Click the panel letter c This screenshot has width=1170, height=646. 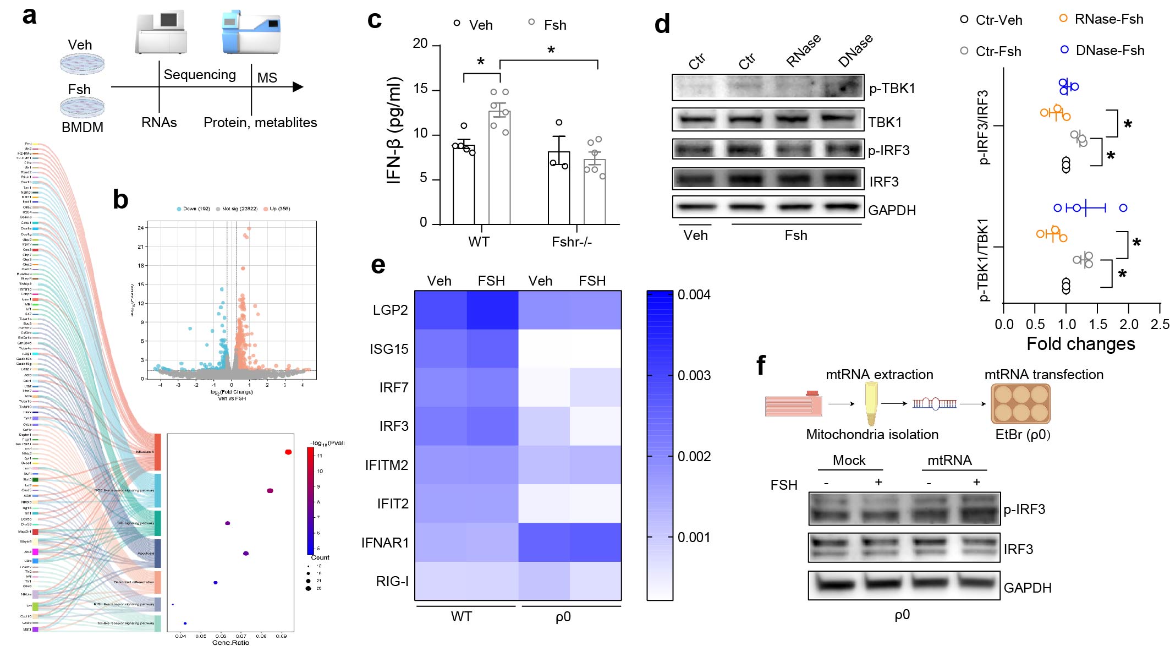pos(375,20)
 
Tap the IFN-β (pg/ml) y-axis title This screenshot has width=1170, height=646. pos(394,130)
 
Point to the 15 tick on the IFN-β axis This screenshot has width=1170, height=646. pos(420,89)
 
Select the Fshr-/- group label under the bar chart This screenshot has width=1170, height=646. pos(572,242)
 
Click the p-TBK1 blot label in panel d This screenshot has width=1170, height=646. pos(892,89)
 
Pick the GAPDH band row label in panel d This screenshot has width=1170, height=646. pos(892,210)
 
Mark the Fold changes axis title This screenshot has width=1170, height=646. pos(1080,344)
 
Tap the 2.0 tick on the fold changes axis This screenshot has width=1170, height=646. pos(1129,325)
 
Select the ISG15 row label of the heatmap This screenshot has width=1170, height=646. pos(389,349)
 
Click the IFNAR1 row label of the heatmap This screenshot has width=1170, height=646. pos(385,543)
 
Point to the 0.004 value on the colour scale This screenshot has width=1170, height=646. pos(694,295)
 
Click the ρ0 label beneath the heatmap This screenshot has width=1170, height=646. pos(563,617)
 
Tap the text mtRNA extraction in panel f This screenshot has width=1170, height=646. pos(879,375)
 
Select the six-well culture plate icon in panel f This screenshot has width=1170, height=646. pos(1020,403)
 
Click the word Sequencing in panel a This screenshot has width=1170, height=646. pos(200,75)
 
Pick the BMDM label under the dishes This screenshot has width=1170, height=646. pos(83,128)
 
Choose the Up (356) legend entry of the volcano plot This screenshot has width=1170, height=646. pos(279,209)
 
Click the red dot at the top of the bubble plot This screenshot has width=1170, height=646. pos(288,452)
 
